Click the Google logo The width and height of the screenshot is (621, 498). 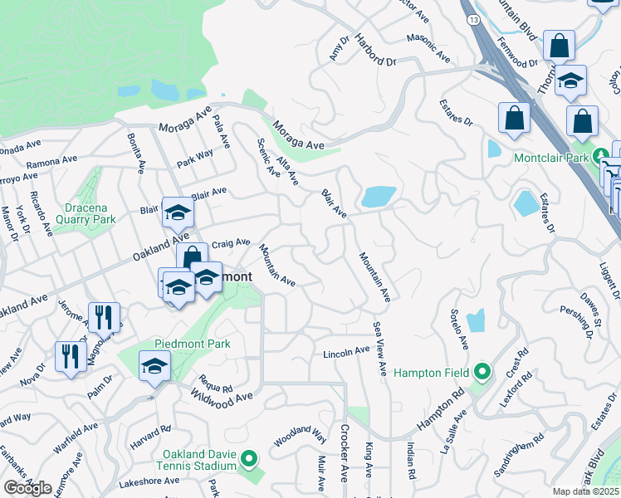pyautogui.click(x=27, y=488)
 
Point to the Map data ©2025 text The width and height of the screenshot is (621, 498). pyautogui.click(x=585, y=491)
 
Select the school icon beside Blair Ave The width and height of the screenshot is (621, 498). pyautogui.click(x=177, y=214)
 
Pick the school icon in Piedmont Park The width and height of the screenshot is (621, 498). pyautogui.click(x=154, y=366)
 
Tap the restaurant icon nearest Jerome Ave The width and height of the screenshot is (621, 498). pyautogui.click(x=105, y=316)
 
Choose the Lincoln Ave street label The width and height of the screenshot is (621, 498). pyautogui.click(x=345, y=352)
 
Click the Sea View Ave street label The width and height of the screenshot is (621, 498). pyautogui.click(x=380, y=349)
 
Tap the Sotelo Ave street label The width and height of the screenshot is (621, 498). pyautogui.click(x=460, y=331)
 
